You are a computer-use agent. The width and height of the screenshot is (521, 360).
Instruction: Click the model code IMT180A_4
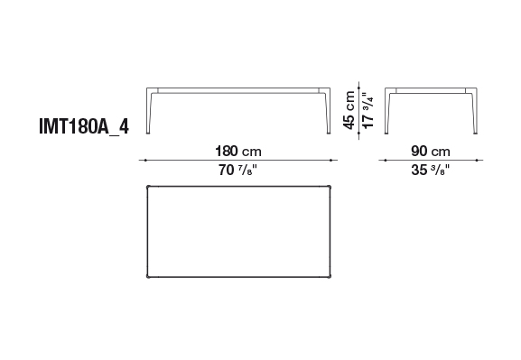(x=84, y=126)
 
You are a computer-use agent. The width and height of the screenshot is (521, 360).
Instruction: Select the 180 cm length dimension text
(x=238, y=151)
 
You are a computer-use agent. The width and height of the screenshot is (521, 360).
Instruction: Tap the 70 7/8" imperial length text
(x=237, y=170)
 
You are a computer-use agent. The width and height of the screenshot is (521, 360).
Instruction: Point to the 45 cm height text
(x=349, y=110)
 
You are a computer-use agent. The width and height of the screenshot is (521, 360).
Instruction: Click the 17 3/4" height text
(x=368, y=110)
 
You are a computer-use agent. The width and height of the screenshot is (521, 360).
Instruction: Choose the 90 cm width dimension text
(x=431, y=151)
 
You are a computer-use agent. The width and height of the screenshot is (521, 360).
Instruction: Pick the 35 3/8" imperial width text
(x=430, y=170)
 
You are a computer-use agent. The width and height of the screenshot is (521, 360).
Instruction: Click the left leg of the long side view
(x=149, y=111)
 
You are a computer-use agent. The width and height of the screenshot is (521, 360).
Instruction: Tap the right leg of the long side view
(x=329, y=111)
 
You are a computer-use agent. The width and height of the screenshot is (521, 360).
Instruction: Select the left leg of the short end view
(x=387, y=111)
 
